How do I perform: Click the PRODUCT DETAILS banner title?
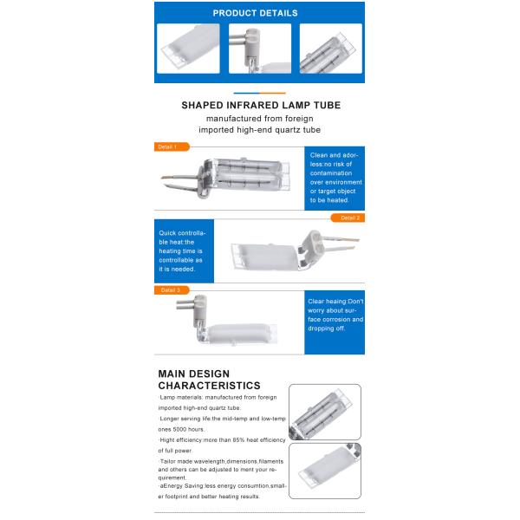click(x=260, y=13)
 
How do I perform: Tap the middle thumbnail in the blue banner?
click(x=259, y=48)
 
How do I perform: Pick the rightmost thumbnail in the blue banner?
click(x=330, y=48)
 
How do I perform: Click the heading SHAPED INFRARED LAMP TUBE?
click(x=260, y=105)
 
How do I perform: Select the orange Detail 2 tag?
click(x=348, y=218)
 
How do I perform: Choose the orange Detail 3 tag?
click(x=169, y=289)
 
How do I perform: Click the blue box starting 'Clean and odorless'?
click(x=335, y=177)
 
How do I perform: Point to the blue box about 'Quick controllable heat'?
click(x=184, y=251)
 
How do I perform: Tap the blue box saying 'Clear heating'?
click(x=335, y=322)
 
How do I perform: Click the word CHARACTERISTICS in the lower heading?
click(x=209, y=385)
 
